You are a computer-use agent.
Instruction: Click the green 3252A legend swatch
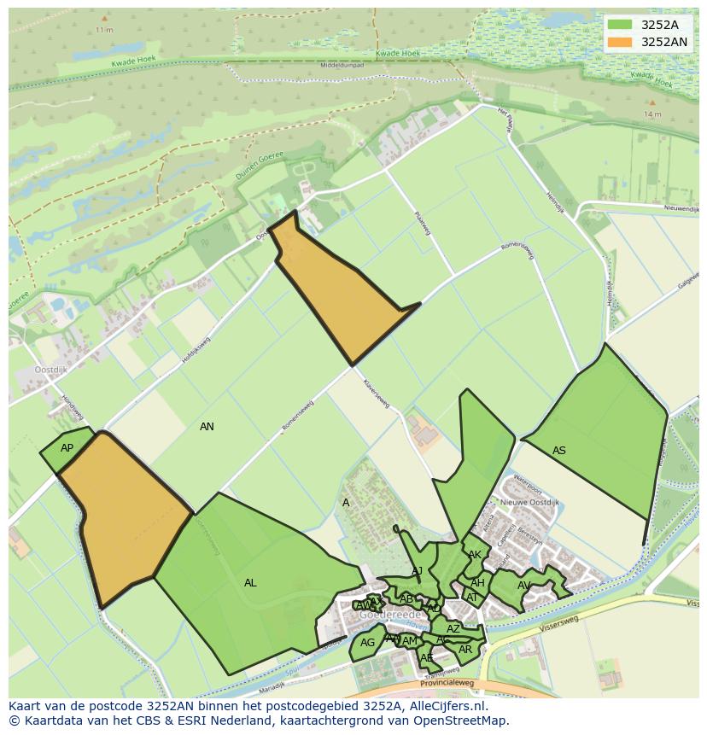coord(620,25)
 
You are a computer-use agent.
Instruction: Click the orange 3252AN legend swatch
coord(620,41)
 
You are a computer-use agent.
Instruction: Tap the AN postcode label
coord(207,426)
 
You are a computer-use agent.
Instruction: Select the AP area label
coord(67,448)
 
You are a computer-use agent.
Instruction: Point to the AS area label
coord(559,451)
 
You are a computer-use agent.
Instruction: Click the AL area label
coord(250,583)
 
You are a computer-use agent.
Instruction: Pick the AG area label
coord(367,643)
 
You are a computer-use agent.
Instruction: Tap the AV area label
coord(524,586)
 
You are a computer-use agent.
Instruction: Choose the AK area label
coord(475,555)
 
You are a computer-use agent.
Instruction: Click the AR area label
coord(465,650)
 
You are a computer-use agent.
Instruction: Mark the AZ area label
coord(453,629)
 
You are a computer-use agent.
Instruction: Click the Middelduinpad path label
coord(342,65)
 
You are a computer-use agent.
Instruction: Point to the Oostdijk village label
coord(51,370)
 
